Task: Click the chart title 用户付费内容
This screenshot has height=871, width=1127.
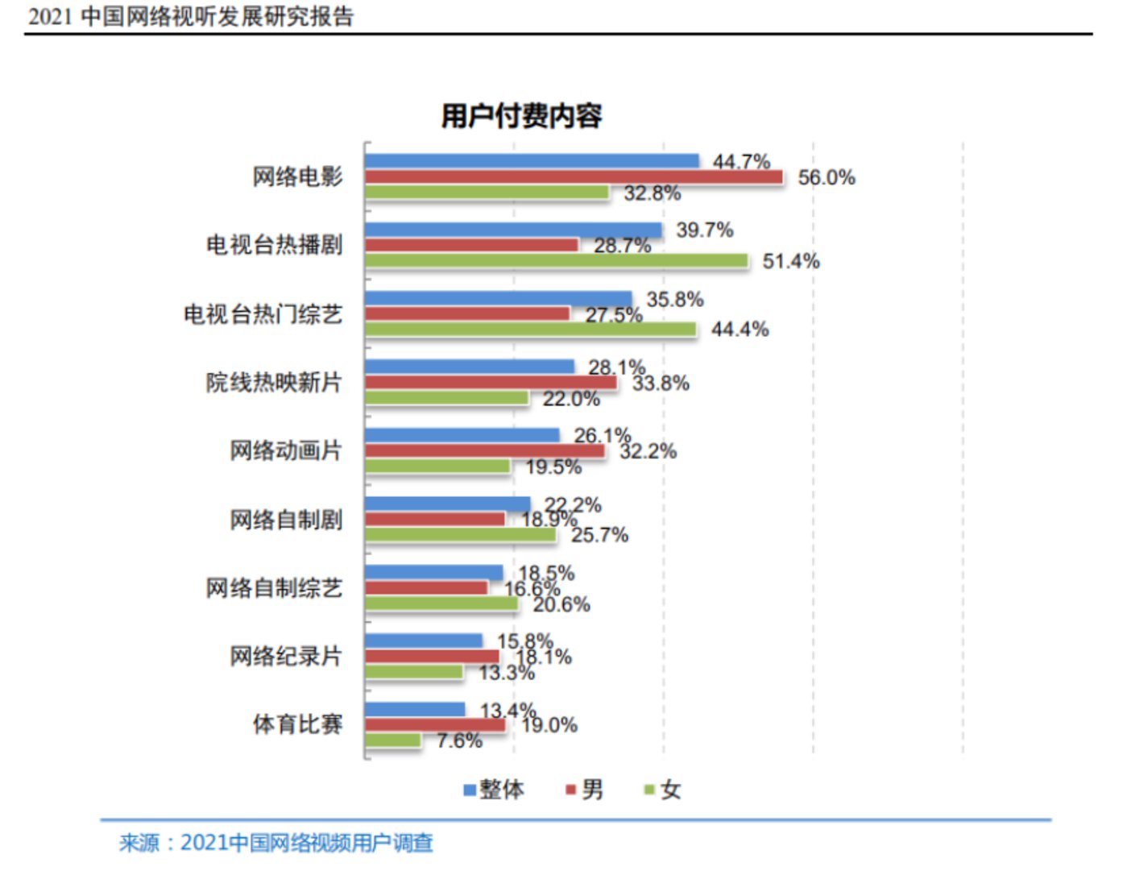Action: coord(521,116)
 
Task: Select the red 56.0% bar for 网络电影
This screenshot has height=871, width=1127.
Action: coord(573,177)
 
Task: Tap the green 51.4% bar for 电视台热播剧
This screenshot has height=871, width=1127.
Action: coord(556,261)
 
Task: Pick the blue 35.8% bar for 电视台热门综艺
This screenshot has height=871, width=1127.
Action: coord(498,299)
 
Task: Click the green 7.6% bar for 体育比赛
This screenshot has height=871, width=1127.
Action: coord(393,740)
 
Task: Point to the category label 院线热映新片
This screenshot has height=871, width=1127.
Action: coord(274,382)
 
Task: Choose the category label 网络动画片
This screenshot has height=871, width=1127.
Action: coord(286,450)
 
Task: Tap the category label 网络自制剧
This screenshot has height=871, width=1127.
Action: coord(286,520)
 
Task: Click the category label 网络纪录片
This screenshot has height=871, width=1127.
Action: coord(286,657)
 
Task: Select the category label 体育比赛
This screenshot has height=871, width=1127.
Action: coord(297,724)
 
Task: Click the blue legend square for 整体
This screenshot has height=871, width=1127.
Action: coord(470,790)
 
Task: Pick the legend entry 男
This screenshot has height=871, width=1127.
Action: coord(592,790)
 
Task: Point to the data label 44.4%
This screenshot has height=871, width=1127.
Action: coord(740,329)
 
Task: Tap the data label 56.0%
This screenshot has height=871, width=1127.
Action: coord(827,177)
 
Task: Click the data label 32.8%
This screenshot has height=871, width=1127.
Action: coord(652,193)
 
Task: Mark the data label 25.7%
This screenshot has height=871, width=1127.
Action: coord(599,535)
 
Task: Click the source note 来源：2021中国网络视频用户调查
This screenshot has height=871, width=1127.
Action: coord(276,843)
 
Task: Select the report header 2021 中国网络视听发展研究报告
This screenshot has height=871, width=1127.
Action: coord(191,16)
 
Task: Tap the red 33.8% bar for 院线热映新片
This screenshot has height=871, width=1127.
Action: coord(490,383)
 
